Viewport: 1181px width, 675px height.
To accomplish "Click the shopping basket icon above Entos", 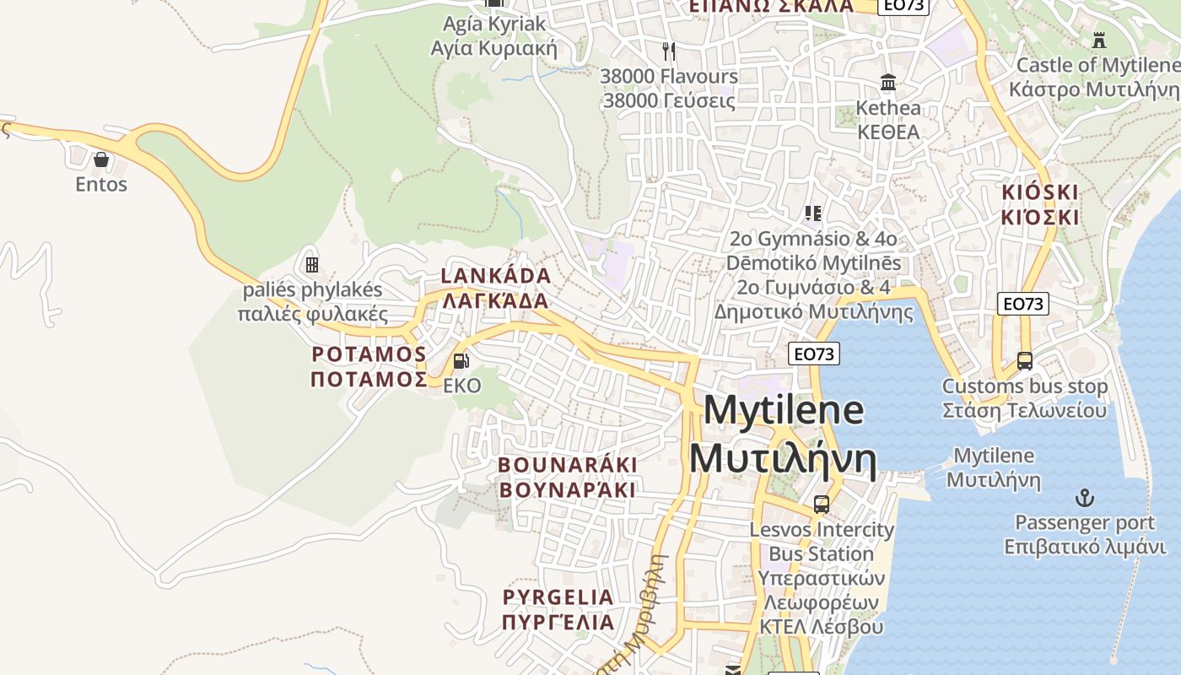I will (x=101, y=159).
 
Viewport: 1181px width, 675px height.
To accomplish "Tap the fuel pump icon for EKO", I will (x=461, y=361).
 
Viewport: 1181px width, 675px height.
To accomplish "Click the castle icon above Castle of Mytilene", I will (x=1098, y=40).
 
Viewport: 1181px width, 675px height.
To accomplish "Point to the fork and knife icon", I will (x=669, y=51).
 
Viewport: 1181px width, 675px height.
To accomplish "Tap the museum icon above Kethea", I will (x=888, y=83).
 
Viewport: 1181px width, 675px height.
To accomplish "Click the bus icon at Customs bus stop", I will (x=1025, y=361).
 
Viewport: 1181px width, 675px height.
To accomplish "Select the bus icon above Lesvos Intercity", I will (x=822, y=505).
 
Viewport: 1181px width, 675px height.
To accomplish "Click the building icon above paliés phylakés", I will (x=312, y=265).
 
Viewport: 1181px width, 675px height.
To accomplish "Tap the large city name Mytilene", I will (x=783, y=411).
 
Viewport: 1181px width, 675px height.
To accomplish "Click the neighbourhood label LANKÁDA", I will (x=496, y=276).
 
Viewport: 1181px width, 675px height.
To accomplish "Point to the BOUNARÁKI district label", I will (x=567, y=465).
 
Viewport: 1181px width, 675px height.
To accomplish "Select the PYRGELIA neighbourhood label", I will (x=558, y=597).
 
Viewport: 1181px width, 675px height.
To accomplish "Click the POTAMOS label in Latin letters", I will (x=369, y=354).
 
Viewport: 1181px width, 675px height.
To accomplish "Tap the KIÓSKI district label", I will (x=1040, y=192).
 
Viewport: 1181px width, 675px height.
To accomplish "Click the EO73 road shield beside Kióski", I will (x=1022, y=304).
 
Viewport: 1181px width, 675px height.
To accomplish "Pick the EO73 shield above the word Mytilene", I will (x=814, y=354).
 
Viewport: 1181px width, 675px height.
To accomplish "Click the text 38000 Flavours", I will (x=669, y=76).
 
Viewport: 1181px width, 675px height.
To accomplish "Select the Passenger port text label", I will (x=1085, y=522).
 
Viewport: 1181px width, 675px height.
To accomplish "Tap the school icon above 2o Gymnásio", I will (x=813, y=213).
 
